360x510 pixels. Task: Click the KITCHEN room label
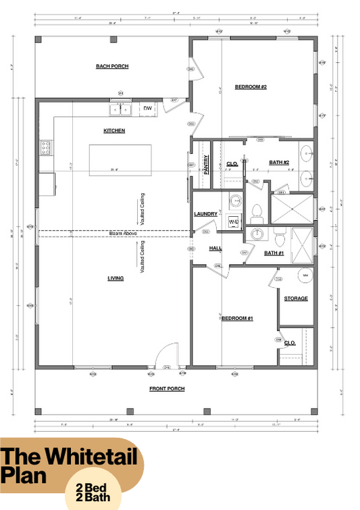[113, 130]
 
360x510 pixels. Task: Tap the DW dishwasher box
[147, 107]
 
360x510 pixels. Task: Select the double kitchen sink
[121, 107]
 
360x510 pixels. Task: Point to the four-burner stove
[46, 147]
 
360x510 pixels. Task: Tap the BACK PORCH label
[112, 66]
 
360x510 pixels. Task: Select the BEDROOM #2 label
[251, 86]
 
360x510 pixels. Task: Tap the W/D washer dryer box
[233, 221]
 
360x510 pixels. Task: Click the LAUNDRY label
[205, 214]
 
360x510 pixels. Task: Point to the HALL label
[215, 249]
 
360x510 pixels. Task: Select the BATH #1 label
[274, 253]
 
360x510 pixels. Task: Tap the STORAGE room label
[296, 298]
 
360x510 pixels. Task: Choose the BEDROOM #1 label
[236, 317]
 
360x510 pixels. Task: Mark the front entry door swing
[165, 356]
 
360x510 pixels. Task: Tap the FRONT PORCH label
[167, 388]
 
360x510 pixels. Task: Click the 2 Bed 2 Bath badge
[93, 490]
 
